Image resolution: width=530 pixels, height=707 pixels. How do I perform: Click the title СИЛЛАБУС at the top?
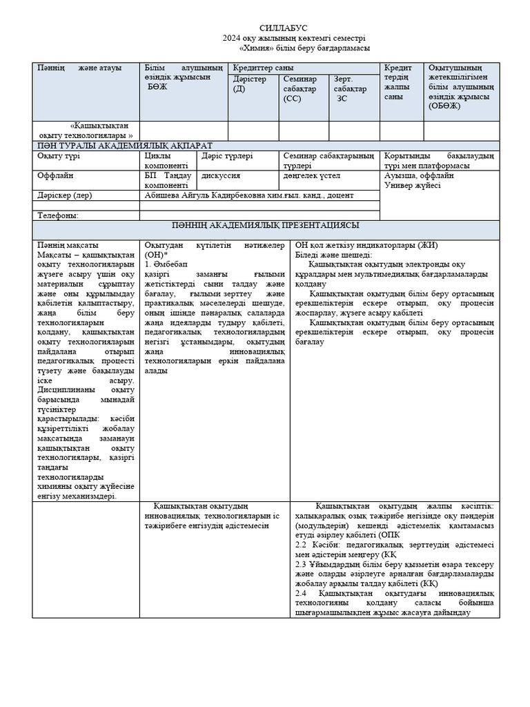284,27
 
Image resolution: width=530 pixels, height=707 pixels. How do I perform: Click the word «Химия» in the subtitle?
257,48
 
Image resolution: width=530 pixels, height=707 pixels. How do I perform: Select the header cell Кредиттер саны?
263,68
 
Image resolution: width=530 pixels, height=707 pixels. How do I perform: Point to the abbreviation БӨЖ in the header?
157,87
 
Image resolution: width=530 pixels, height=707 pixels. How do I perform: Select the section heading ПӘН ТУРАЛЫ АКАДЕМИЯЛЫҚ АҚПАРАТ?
124,146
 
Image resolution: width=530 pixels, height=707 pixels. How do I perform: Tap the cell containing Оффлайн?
56,175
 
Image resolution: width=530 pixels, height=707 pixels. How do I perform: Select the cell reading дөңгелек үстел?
312,175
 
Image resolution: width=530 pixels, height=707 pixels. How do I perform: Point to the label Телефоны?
58,215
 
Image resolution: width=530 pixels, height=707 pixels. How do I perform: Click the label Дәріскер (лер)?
64,195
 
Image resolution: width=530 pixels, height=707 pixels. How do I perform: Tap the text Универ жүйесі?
412,185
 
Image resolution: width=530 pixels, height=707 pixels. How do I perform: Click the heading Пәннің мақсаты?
68,245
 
